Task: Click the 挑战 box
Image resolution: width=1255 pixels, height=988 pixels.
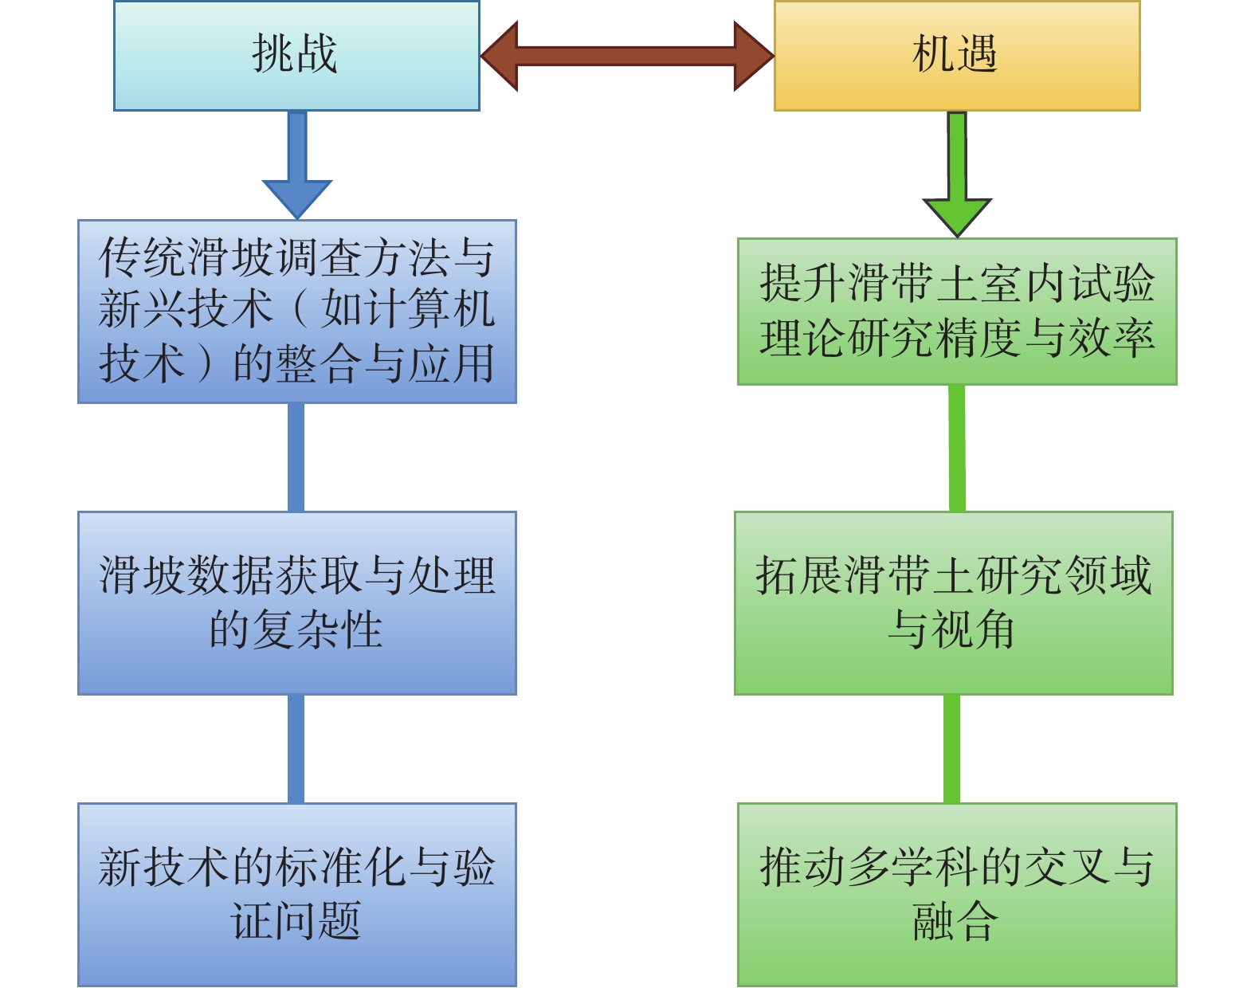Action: (296, 55)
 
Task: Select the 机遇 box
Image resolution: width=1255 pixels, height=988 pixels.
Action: (956, 55)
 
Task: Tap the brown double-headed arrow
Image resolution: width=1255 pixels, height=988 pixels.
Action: (627, 56)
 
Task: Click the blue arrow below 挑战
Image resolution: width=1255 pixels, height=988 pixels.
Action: (297, 167)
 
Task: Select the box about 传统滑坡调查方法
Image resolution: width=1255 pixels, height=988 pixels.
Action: (296, 311)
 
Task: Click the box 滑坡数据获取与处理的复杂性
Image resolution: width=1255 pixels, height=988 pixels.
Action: (296, 602)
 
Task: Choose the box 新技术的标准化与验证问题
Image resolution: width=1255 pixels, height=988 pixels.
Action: (296, 894)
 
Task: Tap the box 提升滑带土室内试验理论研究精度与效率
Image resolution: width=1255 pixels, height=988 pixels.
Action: (956, 311)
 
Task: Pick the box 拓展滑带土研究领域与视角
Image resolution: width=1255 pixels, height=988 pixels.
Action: (953, 602)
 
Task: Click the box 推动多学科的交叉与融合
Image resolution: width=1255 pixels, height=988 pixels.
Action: (956, 894)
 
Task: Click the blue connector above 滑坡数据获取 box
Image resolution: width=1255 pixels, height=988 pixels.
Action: (296, 457)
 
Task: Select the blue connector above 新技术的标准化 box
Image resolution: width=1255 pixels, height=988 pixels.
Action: (296, 748)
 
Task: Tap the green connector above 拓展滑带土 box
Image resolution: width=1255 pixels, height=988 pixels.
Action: (956, 448)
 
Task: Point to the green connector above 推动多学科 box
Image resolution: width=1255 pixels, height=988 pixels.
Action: (951, 748)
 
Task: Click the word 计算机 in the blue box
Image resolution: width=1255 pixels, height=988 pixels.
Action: (429, 309)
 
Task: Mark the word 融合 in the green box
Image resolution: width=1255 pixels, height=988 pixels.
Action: (955, 922)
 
